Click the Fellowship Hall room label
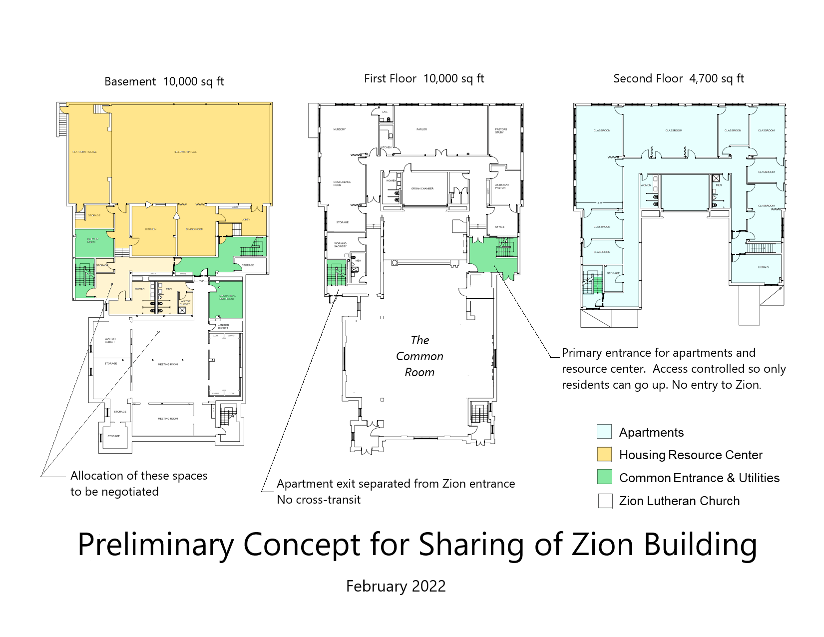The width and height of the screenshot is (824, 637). point(185,152)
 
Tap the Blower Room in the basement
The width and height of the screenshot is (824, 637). point(93,241)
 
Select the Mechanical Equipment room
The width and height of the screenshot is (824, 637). point(227,297)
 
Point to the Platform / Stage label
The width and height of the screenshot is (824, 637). point(84,152)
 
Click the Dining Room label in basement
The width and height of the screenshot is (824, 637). point(194,229)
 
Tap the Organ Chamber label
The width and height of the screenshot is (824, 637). point(422,189)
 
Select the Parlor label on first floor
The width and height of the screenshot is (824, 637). point(421,129)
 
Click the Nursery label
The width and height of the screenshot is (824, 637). point(339,129)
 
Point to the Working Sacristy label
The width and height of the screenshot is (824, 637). point(340,245)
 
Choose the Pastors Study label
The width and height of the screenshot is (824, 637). point(500,131)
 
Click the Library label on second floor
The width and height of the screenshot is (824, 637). point(763,267)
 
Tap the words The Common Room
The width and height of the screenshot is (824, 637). point(419,356)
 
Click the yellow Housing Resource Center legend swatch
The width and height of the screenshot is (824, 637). point(604,454)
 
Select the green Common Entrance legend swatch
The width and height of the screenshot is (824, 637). point(604,477)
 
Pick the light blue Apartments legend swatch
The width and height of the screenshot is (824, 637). point(604,432)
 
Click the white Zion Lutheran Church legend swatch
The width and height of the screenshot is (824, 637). point(605,501)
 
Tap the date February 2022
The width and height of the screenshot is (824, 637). point(396,586)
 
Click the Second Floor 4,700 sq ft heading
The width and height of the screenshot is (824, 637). point(678,78)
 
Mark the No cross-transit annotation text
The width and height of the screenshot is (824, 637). point(319,500)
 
